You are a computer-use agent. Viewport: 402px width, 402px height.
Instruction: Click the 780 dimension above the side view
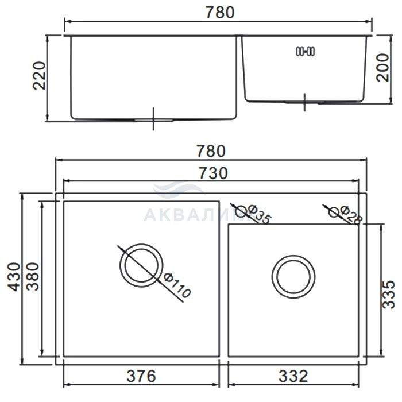[220, 12]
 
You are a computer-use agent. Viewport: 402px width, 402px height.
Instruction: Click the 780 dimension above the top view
[211, 151]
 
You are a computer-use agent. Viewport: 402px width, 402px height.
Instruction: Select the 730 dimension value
[213, 173]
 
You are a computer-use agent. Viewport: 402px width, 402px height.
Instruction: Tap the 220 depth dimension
[39, 75]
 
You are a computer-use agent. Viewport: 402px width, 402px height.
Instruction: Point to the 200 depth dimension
[382, 68]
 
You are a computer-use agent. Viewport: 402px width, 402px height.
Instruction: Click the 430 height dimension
[14, 277]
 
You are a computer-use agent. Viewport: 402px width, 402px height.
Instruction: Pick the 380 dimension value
[33, 276]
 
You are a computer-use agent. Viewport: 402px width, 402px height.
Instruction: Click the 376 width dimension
[141, 376]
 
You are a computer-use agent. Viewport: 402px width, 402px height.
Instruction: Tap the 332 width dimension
[293, 376]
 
